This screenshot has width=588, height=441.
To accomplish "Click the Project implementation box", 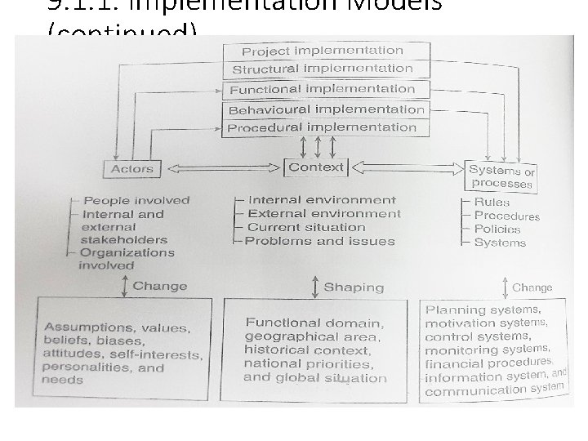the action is coord(323,51).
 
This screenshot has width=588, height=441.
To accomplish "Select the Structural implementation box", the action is coord(323,69).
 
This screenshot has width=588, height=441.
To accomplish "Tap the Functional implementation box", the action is coord(323,89).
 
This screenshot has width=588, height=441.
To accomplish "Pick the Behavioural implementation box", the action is coord(325,109).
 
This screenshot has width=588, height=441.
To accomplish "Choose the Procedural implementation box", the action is coord(323,127).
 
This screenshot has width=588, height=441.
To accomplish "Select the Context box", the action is coord(316,167).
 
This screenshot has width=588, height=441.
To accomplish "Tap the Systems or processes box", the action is coord(501,176).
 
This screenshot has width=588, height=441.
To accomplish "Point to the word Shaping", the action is coord(354,287).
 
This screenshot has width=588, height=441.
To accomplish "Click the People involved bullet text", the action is coord(136,200).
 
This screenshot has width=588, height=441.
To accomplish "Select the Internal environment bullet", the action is coord(322,200).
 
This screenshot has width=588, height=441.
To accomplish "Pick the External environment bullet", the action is coord(324,214).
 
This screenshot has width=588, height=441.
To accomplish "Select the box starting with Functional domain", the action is coord(316,350).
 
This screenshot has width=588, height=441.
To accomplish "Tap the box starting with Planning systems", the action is coord(494,350).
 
